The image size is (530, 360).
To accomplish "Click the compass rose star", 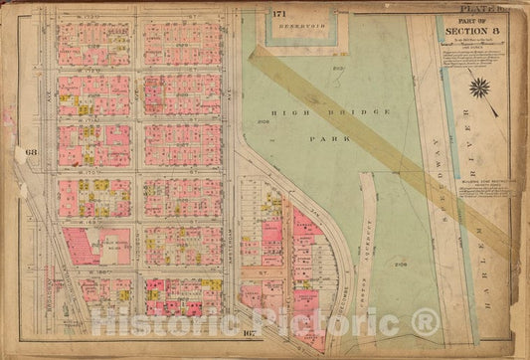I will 479,87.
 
